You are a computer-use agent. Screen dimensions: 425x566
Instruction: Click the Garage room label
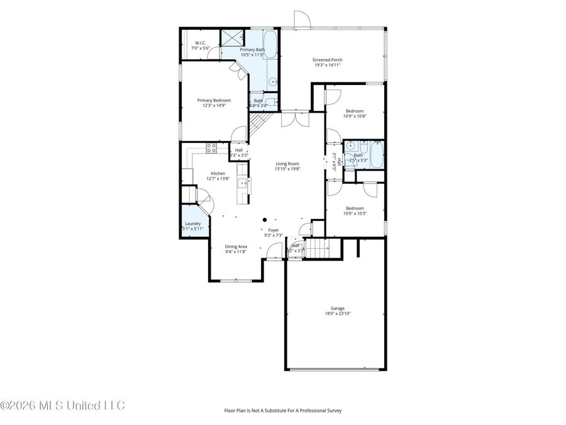tap(337, 309)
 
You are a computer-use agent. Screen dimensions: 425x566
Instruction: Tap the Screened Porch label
tap(328, 60)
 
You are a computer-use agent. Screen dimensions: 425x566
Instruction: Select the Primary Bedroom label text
tap(214, 100)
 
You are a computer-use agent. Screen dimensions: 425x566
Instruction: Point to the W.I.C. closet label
tap(201, 43)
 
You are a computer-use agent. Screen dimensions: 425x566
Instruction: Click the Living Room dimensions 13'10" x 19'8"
tap(288, 169)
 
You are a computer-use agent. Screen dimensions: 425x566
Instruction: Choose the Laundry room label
tap(192, 224)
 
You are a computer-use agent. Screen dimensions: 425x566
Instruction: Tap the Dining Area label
tap(236, 246)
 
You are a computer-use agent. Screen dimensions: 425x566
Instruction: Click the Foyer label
tap(274, 230)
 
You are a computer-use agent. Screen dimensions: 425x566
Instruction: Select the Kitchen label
tap(218, 173)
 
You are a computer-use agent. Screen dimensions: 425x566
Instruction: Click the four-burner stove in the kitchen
tap(212, 149)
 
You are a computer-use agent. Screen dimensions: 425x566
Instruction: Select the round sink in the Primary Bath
tap(273, 82)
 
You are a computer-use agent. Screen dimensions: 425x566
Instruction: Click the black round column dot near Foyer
tap(265, 220)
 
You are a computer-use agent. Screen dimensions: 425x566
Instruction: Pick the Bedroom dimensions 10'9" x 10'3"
tap(355, 213)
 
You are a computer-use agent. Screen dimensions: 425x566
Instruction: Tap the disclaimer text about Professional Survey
tap(283, 410)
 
